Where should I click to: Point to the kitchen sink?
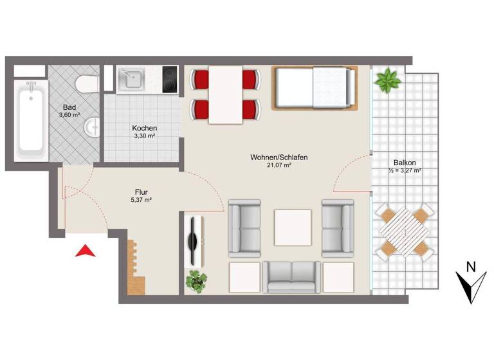[134, 79]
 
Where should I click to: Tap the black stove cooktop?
[170, 80]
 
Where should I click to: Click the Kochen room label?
[144, 128]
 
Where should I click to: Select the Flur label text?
[142, 191]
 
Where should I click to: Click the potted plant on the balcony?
[389, 82]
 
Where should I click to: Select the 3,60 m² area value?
[69, 115]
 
